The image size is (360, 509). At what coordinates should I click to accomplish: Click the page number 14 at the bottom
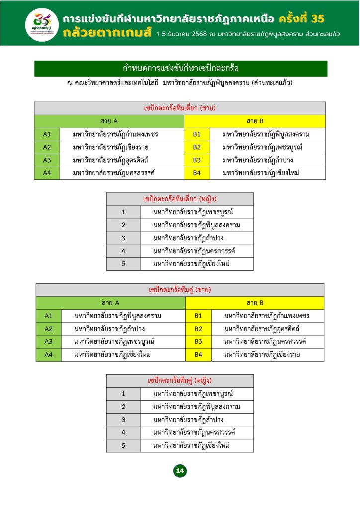[x=180, y=471]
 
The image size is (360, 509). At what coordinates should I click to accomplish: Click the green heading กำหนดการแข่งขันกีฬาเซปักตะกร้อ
[x=181, y=68]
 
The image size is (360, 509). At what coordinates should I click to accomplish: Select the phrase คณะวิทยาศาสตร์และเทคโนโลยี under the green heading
[x=115, y=82]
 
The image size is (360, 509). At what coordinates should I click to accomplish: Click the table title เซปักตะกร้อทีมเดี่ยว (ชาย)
[x=180, y=108]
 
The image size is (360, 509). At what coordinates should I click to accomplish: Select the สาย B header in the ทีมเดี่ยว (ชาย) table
[x=255, y=121]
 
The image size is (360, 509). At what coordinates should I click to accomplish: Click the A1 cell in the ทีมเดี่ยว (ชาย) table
[x=47, y=134]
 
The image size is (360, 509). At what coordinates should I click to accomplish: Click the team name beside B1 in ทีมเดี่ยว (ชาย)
[x=267, y=134]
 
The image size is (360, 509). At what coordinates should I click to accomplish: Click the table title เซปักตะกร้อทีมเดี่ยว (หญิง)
[x=180, y=199]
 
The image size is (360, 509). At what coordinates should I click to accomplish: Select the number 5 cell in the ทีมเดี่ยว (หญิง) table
[x=123, y=264]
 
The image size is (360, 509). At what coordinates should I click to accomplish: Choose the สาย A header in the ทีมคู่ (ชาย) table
[x=110, y=302]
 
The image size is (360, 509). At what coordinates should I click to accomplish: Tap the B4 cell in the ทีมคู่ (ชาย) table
[x=198, y=354]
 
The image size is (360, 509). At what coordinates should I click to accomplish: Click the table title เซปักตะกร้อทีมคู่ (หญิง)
[x=180, y=381]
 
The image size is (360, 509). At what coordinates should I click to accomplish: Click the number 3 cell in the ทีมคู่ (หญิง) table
[x=123, y=420]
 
